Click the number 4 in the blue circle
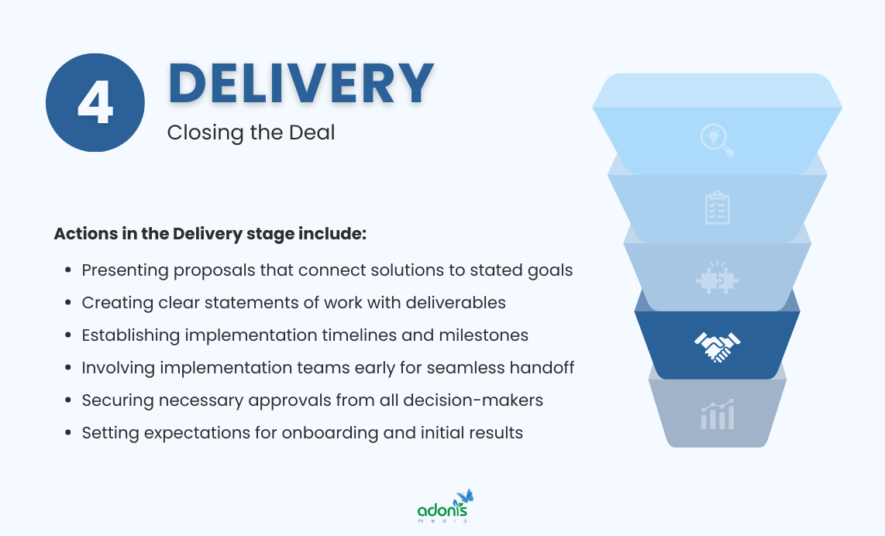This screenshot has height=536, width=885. (x=95, y=103)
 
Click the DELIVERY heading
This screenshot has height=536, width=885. (x=301, y=83)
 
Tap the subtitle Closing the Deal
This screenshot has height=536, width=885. (x=251, y=132)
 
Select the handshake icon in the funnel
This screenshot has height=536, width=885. (x=717, y=346)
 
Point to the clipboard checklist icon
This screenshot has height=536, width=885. (x=717, y=208)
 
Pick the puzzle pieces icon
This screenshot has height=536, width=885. (x=717, y=278)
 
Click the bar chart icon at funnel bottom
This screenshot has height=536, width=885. (x=717, y=415)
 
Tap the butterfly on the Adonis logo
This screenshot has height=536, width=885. (x=465, y=496)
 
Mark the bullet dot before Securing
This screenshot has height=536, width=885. (x=67, y=401)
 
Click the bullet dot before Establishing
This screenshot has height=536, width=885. (x=67, y=336)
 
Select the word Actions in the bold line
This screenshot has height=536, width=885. (x=82, y=234)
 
